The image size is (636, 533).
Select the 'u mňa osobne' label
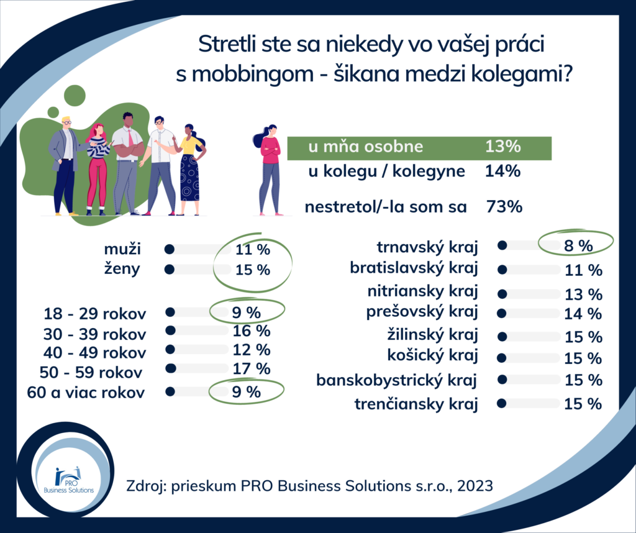click(x=365, y=147)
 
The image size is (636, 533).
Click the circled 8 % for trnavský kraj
click(x=578, y=245)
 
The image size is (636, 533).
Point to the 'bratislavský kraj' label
click(x=414, y=269)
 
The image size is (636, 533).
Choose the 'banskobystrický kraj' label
click(x=397, y=380)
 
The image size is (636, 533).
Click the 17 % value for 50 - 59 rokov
click(x=252, y=368)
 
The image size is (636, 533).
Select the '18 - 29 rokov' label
click(x=96, y=313)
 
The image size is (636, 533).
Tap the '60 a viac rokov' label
click(x=86, y=393)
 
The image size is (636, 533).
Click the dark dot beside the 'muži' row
click(x=170, y=250)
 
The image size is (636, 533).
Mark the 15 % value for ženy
click(x=252, y=270)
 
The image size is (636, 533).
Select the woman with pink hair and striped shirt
click(x=98, y=166)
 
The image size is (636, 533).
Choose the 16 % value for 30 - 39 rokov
click(x=252, y=330)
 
